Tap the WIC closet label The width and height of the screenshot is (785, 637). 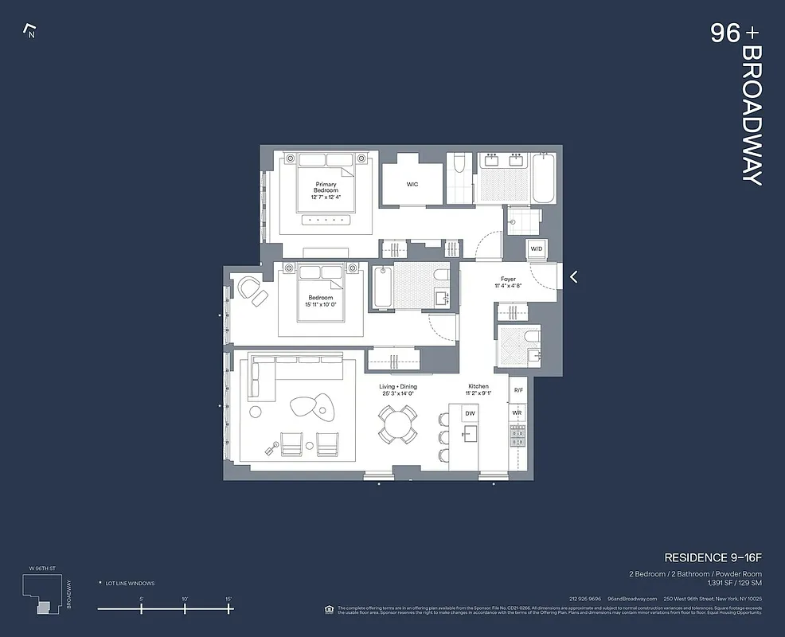(412, 184)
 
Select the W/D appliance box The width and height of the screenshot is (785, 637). (536, 249)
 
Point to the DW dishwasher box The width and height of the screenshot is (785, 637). (470, 413)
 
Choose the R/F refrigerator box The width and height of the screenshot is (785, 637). (517, 390)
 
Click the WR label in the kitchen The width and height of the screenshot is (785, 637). (517, 413)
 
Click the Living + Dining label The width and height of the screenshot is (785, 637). (397, 390)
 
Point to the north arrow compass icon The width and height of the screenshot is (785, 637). (31, 33)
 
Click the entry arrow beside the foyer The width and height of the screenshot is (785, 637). (573, 277)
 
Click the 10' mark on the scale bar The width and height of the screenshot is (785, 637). (185, 608)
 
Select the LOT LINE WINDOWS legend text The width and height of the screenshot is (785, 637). (130, 584)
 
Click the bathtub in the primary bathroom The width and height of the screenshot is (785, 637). (545, 179)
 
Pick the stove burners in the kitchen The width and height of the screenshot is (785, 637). (517, 435)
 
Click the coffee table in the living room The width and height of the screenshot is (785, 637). (312, 406)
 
